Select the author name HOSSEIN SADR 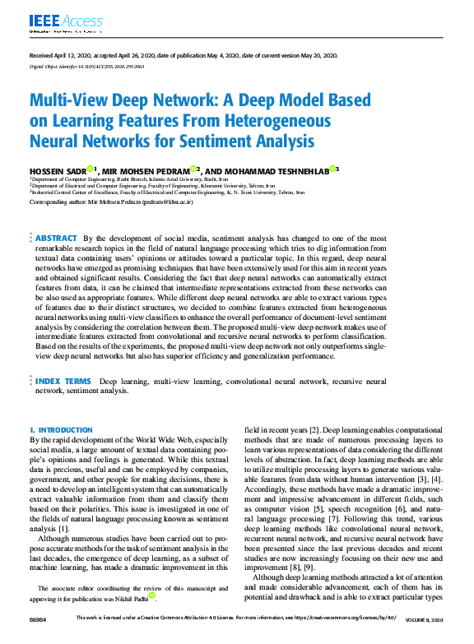pyautogui.click(x=58, y=170)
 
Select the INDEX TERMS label pyautogui.click(x=63, y=382)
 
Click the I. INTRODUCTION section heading pyautogui.click(x=61, y=430)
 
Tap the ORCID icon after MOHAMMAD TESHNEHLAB pyautogui.click(x=332, y=169)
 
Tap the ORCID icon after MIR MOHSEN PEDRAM pyautogui.click(x=194, y=169)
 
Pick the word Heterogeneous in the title pyautogui.click(x=267, y=121)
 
